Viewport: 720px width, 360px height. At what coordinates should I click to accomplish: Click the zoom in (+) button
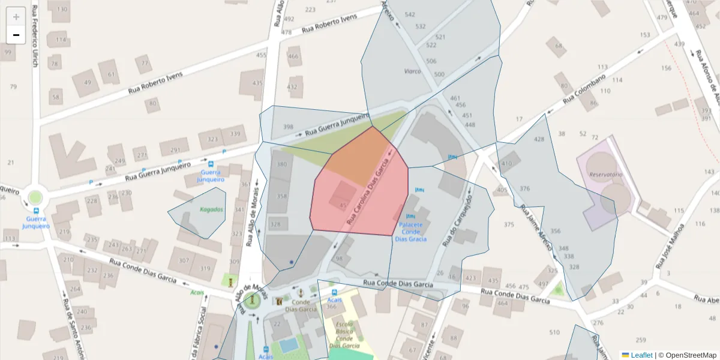tap(16, 17)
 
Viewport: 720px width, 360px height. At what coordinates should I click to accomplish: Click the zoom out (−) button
tap(16, 35)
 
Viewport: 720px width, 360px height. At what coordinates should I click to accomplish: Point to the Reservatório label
tap(606, 175)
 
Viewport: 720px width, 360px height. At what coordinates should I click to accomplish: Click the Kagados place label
tap(211, 210)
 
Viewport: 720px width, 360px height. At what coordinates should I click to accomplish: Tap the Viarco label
tap(412, 71)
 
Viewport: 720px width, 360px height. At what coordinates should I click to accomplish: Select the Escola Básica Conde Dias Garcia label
tap(344, 335)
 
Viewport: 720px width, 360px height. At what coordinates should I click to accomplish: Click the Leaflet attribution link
tap(641, 355)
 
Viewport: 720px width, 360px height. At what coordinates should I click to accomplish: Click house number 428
tap(539, 139)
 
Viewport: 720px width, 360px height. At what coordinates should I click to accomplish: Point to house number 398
tap(288, 127)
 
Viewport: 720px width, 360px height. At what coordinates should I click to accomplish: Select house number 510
tap(554, 332)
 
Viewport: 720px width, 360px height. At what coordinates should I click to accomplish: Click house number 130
tap(61, 10)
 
